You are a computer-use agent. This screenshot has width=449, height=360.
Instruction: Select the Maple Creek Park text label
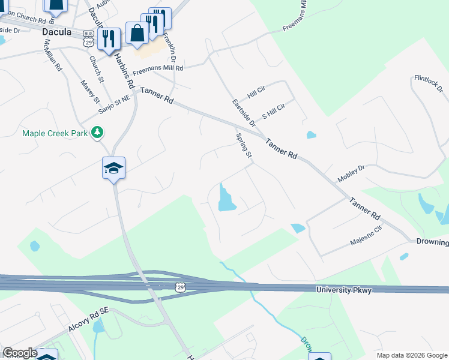pyautogui.click(x=56, y=133)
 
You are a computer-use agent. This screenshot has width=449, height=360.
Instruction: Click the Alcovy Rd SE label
pyautogui.click(x=71, y=333)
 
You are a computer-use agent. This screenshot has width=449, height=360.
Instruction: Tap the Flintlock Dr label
pyautogui.click(x=428, y=84)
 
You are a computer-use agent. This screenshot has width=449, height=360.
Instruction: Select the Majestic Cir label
pyautogui.click(x=366, y=238)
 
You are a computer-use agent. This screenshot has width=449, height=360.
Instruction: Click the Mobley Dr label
pyautogui.click(x=351, y=173)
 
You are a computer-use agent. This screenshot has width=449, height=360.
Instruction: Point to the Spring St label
pyautogui.click(x=243, y=146)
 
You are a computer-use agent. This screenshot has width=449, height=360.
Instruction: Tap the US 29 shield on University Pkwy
pyautogui.click(x=181, y=288)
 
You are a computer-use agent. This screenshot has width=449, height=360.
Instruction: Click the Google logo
pyautogui.click(x=19, y=353)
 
